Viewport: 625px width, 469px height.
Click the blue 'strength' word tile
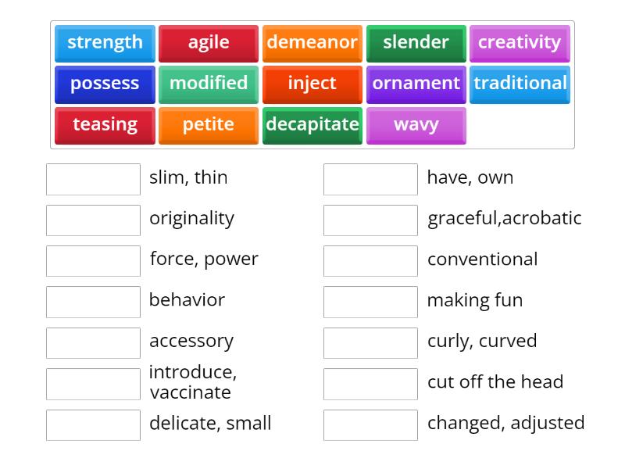coord(105,43)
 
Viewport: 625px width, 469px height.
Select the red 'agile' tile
coord(209,43)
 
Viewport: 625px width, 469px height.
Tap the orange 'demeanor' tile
coord(312,43)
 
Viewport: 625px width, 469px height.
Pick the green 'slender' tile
coord(416,43)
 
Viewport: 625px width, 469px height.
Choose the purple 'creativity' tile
coord(520,43)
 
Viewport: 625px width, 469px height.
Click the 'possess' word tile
coord(105,84)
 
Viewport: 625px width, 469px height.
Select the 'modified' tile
coord(209,84)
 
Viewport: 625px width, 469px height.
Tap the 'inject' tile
coord(312,84)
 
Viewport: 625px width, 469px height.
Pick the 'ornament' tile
coord(416,84)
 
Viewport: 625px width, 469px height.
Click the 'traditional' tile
coord(520,84)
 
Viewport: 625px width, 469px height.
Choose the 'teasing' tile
coord(105,125)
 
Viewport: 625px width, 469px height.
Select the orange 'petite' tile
coord(209,125)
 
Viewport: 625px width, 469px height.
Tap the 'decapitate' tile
coord(312,125)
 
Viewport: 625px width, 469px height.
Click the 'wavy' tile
coord(416,125)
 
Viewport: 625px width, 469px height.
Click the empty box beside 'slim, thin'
coord(93,179)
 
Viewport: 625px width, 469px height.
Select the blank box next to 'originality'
coord(93,220)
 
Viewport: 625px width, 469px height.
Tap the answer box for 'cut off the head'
coord(370,384)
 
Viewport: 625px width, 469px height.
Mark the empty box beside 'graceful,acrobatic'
coord(370,220)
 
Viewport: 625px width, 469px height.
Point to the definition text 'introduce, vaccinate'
coord(192,382)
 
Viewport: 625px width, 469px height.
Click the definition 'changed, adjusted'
coord(505,423)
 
